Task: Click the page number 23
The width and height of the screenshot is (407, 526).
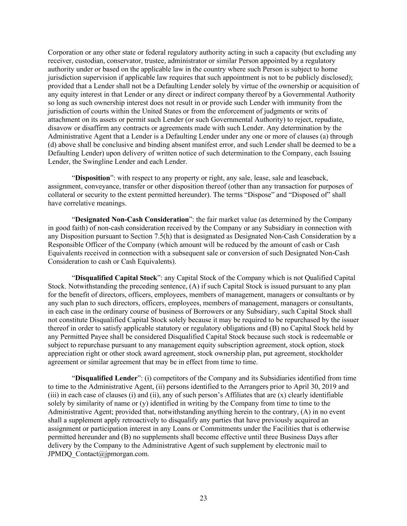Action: click(203, 498)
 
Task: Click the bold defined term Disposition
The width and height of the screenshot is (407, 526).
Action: click(92, 178)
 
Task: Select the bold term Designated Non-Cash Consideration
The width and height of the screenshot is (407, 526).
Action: click(132, 220)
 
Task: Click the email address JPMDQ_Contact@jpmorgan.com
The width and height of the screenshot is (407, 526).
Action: click(98, 454)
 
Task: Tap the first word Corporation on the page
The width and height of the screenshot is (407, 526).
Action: click(66, 52)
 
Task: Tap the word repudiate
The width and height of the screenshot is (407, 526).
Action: click(329, 119)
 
